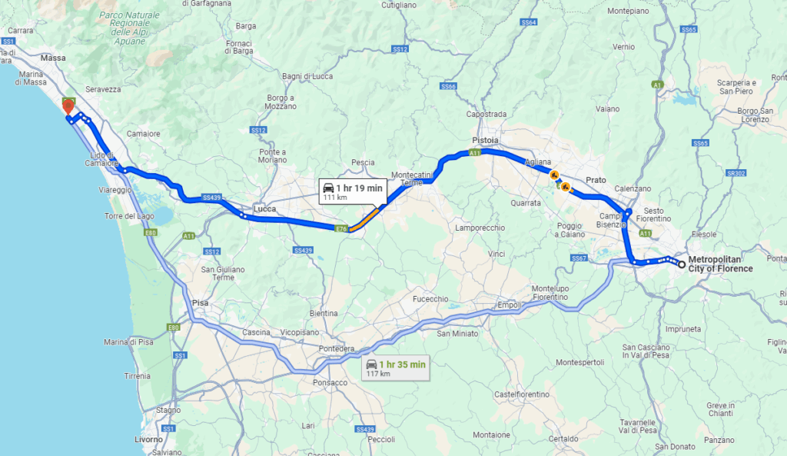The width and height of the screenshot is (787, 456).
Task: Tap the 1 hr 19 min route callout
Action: pos(352,191)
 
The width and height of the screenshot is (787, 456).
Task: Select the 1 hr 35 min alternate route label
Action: pos(396,368)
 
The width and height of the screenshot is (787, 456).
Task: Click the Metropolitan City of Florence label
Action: pos(720,264)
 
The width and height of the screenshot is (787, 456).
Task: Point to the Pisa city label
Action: pos(200,303)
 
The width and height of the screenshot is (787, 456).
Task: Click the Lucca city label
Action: pos(264,208)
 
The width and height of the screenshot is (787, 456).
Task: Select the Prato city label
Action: pos(596,179)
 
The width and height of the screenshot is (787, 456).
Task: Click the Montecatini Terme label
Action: pos(413,178)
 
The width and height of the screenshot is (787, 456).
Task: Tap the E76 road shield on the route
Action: pos(343,228)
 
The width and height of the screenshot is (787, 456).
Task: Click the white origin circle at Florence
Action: pos(682,264)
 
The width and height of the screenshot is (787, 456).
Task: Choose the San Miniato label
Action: pos(457,333)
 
